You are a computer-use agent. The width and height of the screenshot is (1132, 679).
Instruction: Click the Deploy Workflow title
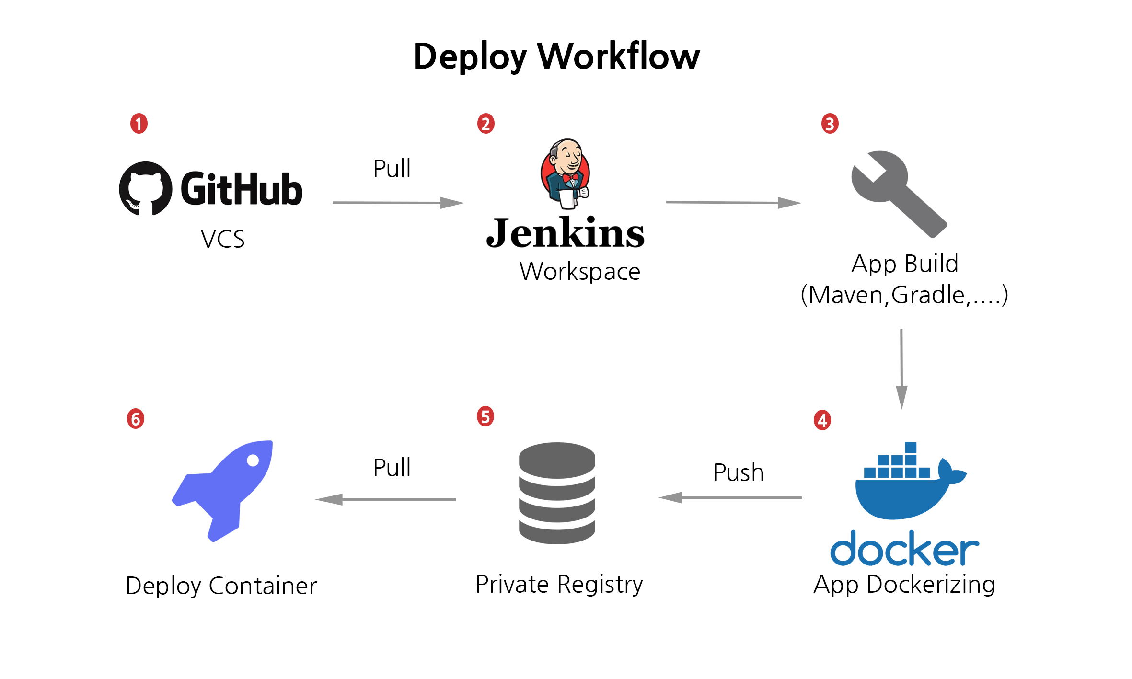pos(556,57)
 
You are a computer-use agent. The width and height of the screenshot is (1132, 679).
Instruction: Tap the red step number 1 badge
pos(139,124)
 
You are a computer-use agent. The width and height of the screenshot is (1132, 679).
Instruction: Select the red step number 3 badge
pos(830,124)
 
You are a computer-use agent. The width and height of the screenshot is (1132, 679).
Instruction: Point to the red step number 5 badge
pos(485,416)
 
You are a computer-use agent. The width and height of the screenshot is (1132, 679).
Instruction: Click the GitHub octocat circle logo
pos(146,188)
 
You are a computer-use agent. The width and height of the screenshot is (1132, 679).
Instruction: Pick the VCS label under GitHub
pos(222,239)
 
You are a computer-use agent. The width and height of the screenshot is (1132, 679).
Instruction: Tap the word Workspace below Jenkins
pos(579,272)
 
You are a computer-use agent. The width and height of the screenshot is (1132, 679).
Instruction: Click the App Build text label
pos(904,264)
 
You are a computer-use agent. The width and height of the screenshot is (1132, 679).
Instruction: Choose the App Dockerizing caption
pos(904,585)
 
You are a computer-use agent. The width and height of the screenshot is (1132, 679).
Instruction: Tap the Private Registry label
pos(559,585)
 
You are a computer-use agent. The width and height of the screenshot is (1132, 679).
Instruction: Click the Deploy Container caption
pos(221,586)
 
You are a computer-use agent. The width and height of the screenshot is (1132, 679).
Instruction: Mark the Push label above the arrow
pos(738,472)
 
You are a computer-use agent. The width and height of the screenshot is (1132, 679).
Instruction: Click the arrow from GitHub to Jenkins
pos(398,203)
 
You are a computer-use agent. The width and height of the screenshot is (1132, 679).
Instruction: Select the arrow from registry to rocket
pos(386,499)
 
